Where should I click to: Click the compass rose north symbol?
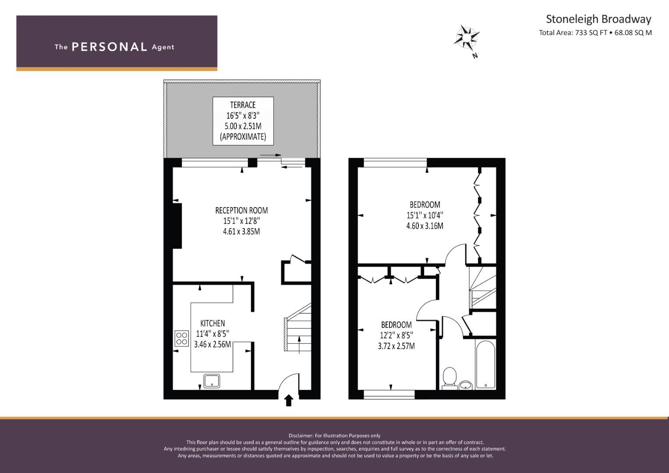coord(467,38)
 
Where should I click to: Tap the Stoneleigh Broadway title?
coord(598,19)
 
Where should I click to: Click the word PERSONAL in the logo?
coord(110,47)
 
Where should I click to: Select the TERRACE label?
coord(243,105)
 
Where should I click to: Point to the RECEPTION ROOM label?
coord(241,210)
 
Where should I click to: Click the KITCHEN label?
coord(212,323)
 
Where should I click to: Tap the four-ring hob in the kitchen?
coord(181,338)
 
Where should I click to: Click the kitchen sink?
coord(212,381)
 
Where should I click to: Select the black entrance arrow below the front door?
coord(289,400)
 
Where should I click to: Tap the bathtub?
coord(485,365)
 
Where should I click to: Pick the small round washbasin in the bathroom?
coord(465,385)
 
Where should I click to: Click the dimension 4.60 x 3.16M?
coord(425,226)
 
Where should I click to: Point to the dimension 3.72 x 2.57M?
coord(396,346)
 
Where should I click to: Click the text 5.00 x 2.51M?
coord(243,126)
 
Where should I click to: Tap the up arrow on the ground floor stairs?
coord(299,345)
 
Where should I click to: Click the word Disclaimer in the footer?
coord(301,436)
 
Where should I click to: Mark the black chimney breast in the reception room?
coord(177,226)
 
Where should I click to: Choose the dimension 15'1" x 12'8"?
coord(241,221)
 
